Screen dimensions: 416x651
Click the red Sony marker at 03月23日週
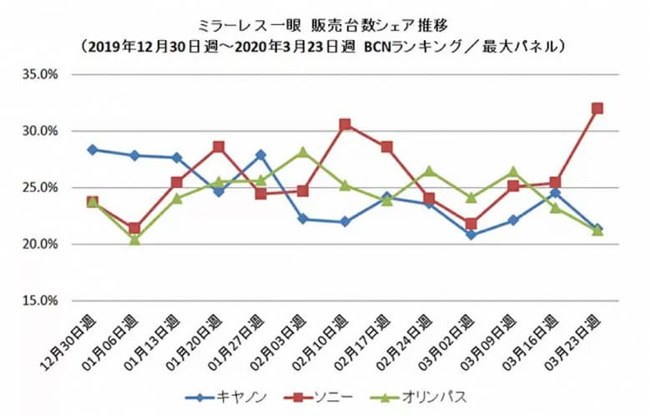598,109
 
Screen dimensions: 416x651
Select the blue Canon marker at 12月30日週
92,150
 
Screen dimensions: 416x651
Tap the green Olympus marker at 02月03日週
303,152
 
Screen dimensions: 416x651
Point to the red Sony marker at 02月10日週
345,124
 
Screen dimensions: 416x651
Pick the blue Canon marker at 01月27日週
260,155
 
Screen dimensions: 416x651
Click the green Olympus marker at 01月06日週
134,240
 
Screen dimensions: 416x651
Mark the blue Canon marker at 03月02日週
472,235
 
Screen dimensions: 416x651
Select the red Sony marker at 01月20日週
219,147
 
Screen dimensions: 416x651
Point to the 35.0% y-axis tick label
39,74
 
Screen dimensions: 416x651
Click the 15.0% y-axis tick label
39,301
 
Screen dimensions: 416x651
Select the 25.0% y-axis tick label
39,188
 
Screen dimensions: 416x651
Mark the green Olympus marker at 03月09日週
513,172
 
